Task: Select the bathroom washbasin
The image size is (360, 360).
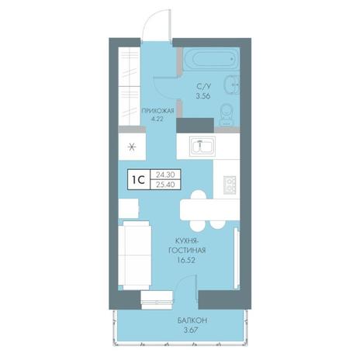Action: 233,85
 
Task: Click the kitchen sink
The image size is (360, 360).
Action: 202,147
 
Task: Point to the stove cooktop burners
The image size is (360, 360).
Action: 230,185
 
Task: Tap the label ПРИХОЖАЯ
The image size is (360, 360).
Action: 157,111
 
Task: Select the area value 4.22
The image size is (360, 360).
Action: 157,119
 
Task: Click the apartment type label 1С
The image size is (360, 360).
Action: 138,179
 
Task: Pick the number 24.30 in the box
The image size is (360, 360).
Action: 165,175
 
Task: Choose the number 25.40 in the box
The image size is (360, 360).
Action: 165,185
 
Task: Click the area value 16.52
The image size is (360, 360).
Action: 187,260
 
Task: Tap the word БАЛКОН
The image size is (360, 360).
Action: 192,320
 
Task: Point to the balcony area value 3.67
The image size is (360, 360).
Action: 192,330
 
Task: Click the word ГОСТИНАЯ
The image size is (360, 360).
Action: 187,251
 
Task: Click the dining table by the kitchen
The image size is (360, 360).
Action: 209,209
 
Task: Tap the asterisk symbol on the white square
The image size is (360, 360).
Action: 132,147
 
